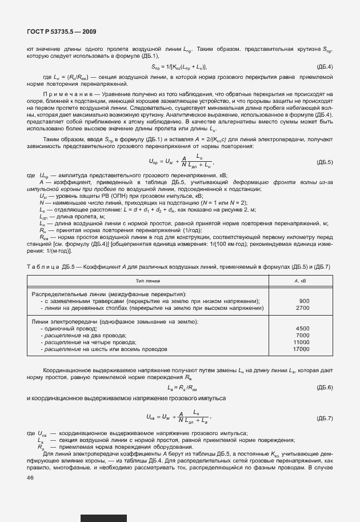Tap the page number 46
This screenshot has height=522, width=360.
(x=30, y=477)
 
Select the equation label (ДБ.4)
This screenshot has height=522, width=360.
(x=324, y=67)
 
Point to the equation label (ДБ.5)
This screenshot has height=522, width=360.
(x=324, y=162)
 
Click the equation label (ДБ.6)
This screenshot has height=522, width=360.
(x=324, y=388)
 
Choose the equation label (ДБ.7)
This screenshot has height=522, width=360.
(x=324, y=418)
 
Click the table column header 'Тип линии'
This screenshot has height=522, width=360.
(x=148, y=281)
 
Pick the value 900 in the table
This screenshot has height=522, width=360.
(x=304, y=301)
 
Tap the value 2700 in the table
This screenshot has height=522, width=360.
(x=302, y=308)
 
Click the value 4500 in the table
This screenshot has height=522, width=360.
(x=302, y=328)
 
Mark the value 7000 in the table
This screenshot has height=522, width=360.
(x=302, y=335)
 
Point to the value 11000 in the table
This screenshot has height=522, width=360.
(x=301, y=342)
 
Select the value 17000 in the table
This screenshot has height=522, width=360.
(x=301, y=349)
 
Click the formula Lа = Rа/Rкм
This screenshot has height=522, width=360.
(x=181, y=388)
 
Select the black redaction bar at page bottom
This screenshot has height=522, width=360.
(x=103, y=518)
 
